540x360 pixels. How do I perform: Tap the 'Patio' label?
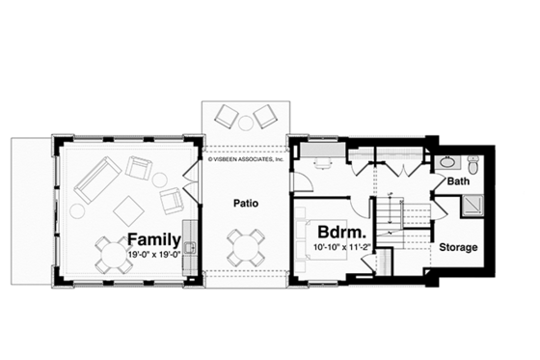click(x=244, y=204)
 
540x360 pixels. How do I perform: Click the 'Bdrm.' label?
click(x=341, y=234)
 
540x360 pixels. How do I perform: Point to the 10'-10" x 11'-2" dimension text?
click(x=341, y=248)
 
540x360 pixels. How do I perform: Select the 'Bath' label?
click(x=459, y=181)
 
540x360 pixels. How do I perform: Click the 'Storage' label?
click(x=459, y=248)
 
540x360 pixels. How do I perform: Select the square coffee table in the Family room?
click(x=128, y=208)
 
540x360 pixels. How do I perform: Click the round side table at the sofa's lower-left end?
click(x=76, y=210)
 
